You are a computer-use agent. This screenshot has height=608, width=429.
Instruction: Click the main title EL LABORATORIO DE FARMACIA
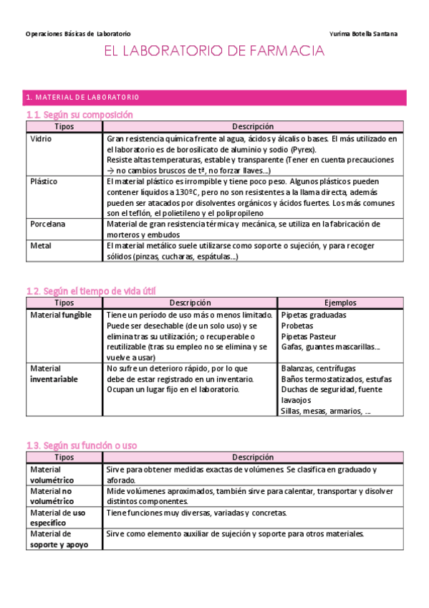click(215, 52)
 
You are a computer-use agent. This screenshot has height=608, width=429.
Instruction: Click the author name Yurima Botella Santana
click(363, 34)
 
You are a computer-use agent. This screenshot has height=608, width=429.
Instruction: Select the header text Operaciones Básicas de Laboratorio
click(78, 34)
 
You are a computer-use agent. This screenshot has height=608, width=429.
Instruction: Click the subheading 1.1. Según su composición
click(79, 115)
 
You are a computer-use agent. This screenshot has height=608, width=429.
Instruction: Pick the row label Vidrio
click(41, 138)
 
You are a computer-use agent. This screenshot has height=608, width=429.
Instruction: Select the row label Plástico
click(44, 181)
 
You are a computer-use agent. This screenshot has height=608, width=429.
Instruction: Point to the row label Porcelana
click(47, 224)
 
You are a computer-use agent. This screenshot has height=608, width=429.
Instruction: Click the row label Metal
click(41, 245)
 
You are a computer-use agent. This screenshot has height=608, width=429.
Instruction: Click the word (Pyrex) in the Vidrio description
click(304, 149)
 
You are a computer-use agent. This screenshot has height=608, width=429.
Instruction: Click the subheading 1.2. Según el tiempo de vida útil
click(90, 290)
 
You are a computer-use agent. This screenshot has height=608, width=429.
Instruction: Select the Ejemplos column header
click(340, 303)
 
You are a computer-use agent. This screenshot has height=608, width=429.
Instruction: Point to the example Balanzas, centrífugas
click(319, 368)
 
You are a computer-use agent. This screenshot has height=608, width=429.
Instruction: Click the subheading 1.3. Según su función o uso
click(80, 445)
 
